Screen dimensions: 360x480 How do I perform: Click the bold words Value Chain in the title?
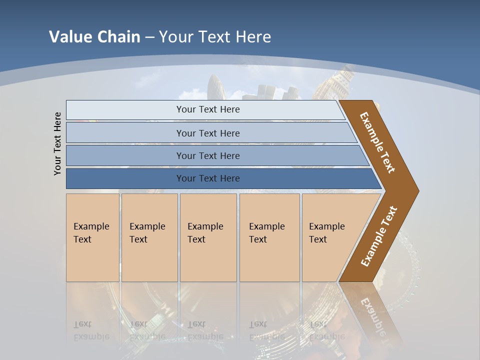(94, 37)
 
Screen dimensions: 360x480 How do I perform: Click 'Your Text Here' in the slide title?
(215, 37)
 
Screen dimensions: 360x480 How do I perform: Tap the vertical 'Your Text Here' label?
(57, 143)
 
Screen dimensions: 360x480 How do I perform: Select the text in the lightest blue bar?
(208, 109)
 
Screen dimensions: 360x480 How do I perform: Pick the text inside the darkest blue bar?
(208, 178)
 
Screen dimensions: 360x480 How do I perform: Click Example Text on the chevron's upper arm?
(377, 142)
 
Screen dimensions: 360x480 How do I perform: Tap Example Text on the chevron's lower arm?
(379, 236)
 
